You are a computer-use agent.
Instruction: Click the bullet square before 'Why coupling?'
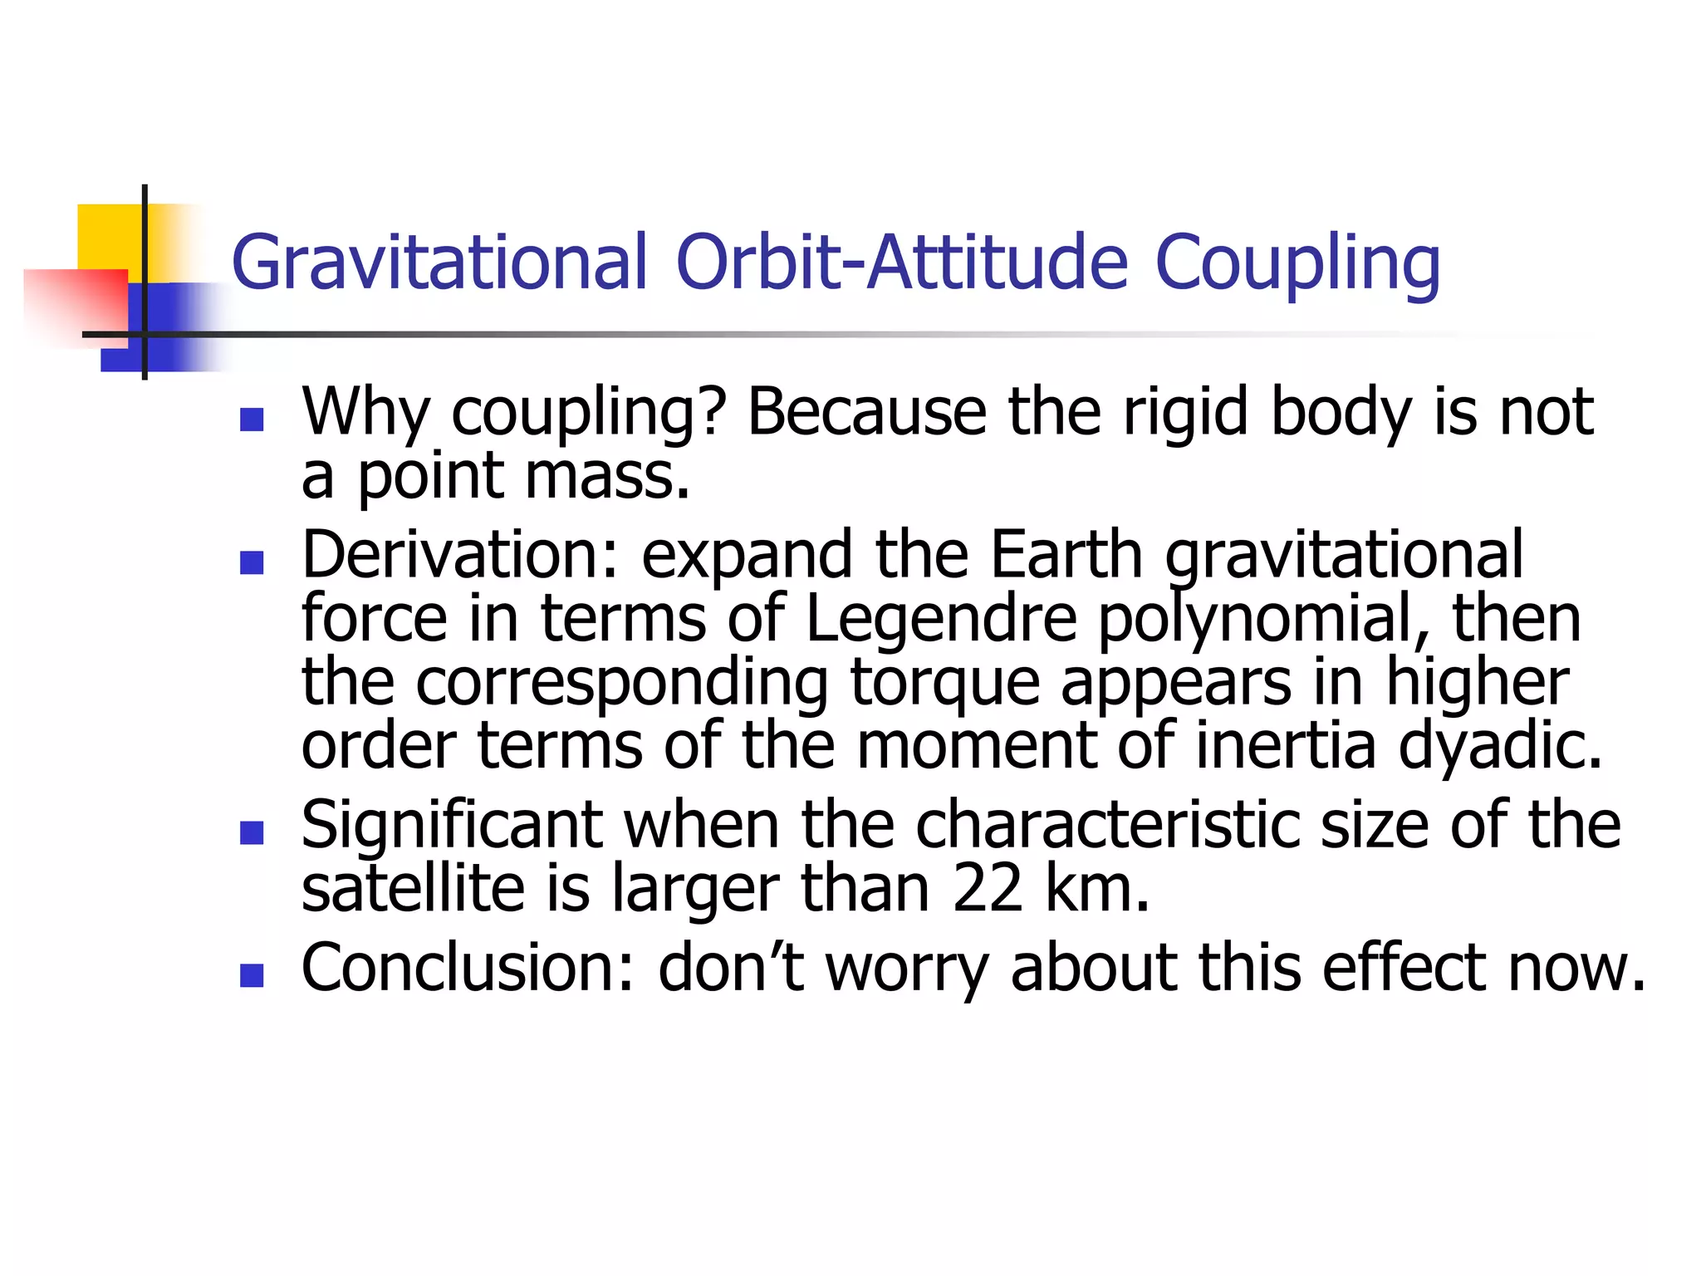click(251, 420)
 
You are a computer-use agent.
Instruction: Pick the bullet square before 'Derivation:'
click(251, 563)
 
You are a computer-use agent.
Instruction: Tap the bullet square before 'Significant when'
click(251, 832)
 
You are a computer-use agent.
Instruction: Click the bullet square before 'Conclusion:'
click(251, 975)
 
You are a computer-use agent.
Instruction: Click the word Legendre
click(941, 620)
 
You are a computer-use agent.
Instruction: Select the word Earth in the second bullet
click(1067, 555)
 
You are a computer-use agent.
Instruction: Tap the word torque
click(945, 683)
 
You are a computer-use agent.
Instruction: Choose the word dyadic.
click(1500, 745)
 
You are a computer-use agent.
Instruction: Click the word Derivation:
click(460, 555)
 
